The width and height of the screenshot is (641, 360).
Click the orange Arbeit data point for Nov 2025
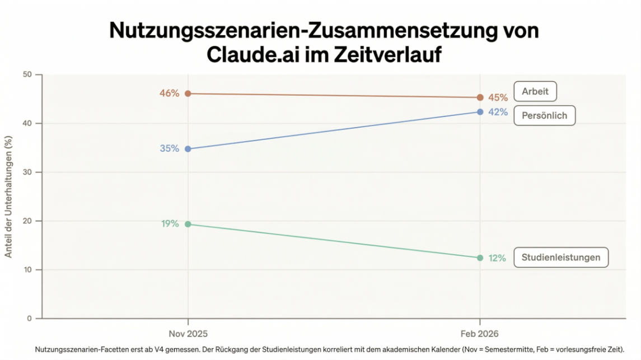[x=188, y=93]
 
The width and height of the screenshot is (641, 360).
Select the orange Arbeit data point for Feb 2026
[x=480, y=97]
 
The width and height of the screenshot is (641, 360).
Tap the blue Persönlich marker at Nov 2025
[x=188, y=149]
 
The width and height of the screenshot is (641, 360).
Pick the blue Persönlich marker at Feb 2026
[x=480, y=112]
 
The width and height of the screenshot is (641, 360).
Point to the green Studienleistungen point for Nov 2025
[x=188, y=224]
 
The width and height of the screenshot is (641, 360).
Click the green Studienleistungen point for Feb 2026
[x=480, y=258]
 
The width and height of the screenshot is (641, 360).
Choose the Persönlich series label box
[x=544, y=116]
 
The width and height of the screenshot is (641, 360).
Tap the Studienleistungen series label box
[x=560, y=258]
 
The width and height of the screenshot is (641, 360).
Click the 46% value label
[x=170, y=93]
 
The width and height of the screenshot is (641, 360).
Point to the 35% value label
[x=170, y=149]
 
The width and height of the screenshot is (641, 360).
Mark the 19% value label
[x=170, y=224]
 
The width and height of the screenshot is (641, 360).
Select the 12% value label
[x=497, y=258]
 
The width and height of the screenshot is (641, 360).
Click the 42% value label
[x=498, y=112]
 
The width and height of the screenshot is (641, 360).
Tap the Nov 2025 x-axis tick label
[x=188, y=334]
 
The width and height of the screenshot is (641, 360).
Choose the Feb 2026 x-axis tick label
[x=480, y=334]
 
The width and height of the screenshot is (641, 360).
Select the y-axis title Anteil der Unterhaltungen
[x=8, y=197]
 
